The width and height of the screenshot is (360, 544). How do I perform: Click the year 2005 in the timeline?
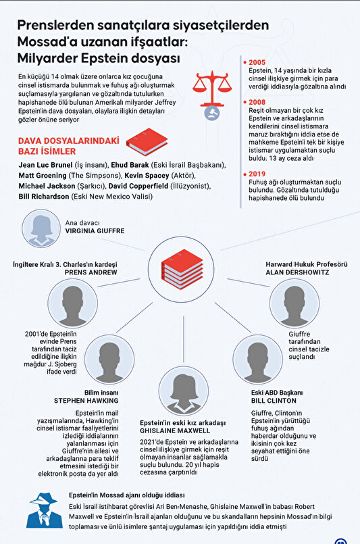(257, 62)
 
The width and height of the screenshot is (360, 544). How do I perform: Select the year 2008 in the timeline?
(257, 102)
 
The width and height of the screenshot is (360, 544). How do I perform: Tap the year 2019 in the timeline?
(257, 174)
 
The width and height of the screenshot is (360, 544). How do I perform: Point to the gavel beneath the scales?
(212, 113)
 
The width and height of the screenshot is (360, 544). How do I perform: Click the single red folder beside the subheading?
(147, 141)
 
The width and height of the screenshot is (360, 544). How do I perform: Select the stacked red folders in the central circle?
(182, 269)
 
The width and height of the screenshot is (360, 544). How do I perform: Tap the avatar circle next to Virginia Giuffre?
(41, 228)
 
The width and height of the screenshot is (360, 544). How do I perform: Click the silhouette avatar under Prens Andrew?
(72, 303)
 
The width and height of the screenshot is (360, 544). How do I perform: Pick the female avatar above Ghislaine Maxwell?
(184, 391)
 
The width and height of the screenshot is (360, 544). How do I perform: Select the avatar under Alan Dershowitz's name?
(294, 303)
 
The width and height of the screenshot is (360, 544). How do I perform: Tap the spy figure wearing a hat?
(44, 510)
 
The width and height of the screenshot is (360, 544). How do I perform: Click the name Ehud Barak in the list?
(130, 165)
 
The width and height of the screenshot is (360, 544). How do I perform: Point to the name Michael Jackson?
(47, 186)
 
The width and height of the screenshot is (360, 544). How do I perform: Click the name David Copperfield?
(138, 186)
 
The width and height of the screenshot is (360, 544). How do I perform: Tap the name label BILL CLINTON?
(274, 401)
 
